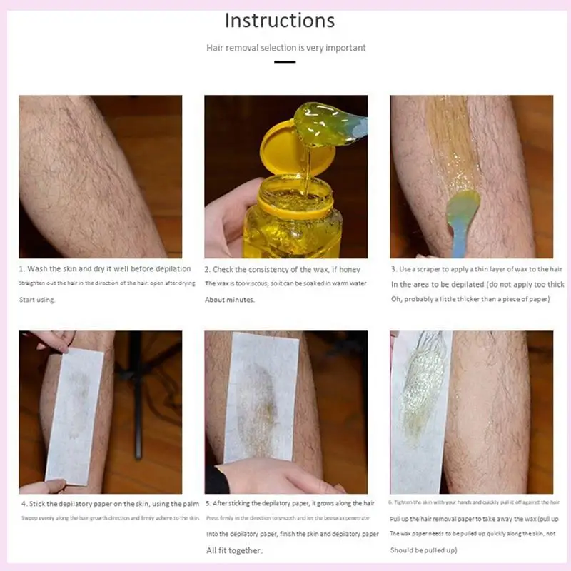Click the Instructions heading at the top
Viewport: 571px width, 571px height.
279,20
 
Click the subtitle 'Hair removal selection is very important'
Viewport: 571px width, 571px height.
285,48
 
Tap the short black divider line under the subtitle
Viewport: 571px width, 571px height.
285,62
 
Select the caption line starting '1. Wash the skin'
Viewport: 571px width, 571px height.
105,269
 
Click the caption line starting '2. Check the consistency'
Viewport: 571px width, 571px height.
283,269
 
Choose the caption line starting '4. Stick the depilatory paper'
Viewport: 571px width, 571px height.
109,504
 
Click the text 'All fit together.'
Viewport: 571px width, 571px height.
234,550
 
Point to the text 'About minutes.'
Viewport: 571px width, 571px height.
230,300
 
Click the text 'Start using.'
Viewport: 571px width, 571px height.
37,300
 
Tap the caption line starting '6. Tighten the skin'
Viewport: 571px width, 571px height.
474,502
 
